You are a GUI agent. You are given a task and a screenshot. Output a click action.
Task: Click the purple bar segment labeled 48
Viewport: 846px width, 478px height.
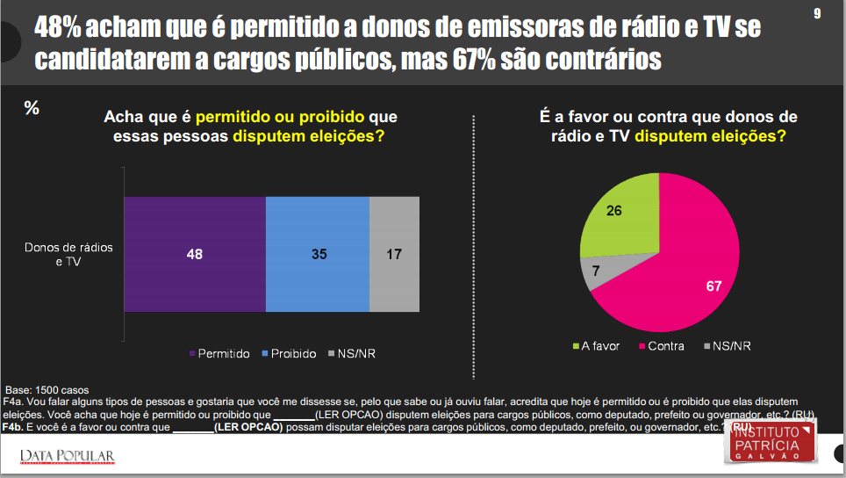coord(194,255)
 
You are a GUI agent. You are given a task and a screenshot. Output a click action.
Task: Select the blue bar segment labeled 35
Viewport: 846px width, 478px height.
coord(318,255)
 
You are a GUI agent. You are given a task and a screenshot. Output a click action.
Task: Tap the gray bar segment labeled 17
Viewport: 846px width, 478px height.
coord(394,255)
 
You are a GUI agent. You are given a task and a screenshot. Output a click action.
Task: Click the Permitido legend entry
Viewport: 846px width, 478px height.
coord(219,354)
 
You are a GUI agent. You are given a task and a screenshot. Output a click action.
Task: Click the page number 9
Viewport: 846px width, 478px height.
coord(817,14)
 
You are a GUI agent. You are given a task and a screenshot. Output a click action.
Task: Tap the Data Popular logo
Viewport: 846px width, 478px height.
coord(67,455)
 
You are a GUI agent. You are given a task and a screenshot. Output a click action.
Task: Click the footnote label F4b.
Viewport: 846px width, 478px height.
coord(14,427)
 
